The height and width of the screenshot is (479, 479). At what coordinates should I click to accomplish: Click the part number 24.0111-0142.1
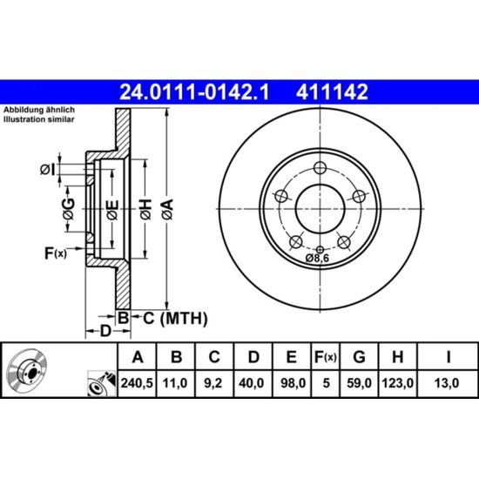194,92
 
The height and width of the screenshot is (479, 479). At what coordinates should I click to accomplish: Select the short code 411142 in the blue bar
332,92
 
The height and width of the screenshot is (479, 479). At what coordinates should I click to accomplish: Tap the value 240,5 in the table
137,383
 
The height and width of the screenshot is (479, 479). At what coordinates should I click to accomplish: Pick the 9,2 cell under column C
213,383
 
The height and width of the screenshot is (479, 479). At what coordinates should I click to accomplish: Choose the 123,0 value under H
398,383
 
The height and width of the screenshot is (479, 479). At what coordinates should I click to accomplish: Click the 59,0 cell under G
359,383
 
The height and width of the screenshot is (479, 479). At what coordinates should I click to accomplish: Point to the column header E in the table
292,357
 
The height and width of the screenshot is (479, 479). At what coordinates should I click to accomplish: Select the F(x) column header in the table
326,357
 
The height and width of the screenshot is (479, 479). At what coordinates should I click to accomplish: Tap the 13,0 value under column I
447,383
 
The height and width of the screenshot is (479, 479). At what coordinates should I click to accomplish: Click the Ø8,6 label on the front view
317,258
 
